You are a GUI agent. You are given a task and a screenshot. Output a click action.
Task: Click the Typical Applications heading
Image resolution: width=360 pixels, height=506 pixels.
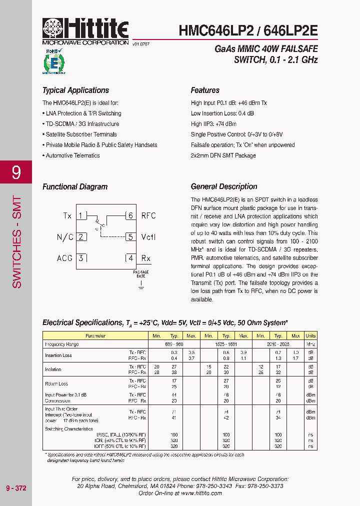[x=75, y=90]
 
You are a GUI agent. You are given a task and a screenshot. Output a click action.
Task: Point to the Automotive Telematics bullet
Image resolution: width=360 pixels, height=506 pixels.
[x=72, y=155]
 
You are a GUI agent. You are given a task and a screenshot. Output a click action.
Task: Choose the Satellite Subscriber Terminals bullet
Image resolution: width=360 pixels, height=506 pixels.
[x=81, y=134]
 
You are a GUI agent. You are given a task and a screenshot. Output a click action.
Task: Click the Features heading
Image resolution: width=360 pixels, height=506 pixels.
[x=205, y=90]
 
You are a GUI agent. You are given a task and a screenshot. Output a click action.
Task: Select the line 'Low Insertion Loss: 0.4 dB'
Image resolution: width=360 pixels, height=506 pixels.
[x=222, y=113]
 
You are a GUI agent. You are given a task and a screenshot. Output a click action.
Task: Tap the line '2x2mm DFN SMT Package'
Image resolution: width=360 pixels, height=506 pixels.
[x=223, y=155]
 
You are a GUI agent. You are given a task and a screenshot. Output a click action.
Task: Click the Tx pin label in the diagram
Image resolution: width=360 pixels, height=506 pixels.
[x=67, y=216]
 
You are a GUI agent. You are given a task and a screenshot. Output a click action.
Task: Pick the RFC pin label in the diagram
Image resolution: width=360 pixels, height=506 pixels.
[x=148, y=216]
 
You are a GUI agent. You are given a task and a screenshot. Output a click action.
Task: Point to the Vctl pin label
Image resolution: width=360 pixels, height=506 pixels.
[x=148, y=237]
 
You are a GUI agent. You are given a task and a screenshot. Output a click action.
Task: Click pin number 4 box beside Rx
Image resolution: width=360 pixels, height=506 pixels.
[x=130, y=258]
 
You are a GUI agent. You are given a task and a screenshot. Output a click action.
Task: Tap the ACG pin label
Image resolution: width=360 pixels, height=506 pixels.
[x=65, y=258]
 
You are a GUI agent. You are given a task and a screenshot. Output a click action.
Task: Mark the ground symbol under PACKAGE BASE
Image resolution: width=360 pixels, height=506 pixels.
[x=141, y=285]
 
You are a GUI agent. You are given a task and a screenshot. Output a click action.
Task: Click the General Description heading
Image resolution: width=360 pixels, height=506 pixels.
[x=224, y=186]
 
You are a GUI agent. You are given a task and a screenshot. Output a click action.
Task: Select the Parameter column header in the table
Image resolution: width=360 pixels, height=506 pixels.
[x=95, y=336]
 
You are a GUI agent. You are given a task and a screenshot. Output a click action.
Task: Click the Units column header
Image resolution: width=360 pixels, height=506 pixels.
[x=310, y=336]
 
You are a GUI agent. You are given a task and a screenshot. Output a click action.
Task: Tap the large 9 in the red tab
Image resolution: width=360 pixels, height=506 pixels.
[x=16, y=172]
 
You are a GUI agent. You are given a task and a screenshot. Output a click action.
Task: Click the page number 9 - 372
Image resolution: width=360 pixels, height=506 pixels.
[x=16, y=488]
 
